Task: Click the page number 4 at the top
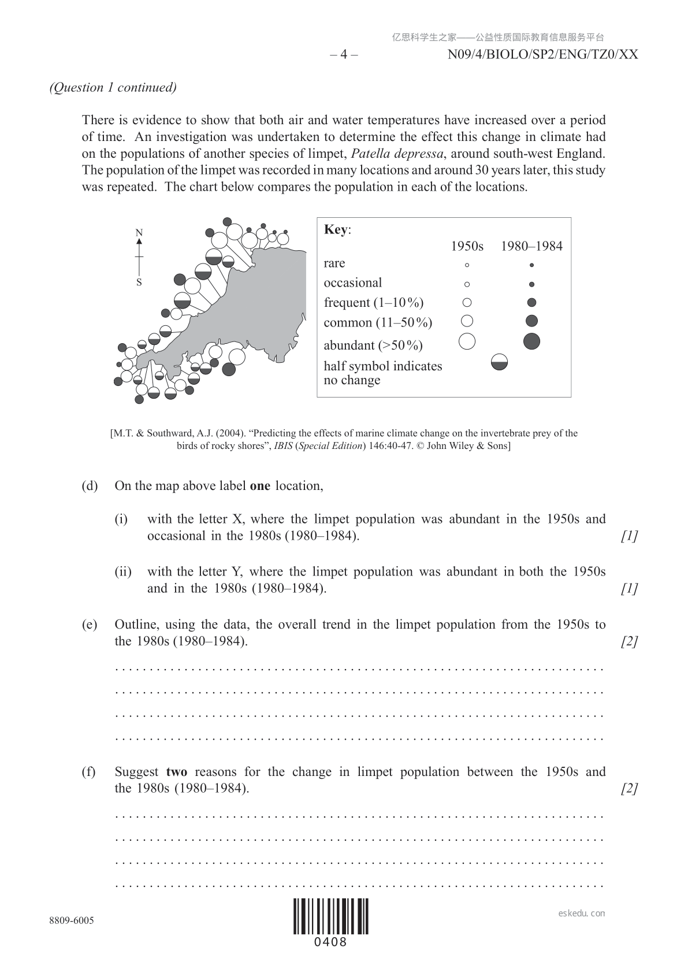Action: pyautogui.click(x=344, y=55)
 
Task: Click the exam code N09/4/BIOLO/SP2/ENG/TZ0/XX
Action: pyautogui.click(x=542, y=55)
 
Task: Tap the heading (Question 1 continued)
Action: pyautogui.click(x=113, y=87)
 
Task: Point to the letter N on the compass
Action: pyautogui.click(x=139, y=233)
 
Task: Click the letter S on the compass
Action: pyautogui.click(x=139, y=283)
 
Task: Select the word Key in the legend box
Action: pyautogui.click(x=336, y=229)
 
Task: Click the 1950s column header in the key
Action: pyautogui.click(x=467, y=247)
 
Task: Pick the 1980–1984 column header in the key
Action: pyautogui.click(x=531, y=247)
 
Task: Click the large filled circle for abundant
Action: pyautogui.click(x=531, y=341)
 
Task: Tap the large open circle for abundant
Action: pyautogui.click(x=467, y=341)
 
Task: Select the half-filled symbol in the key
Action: pyautogui.click(x=499, y=362)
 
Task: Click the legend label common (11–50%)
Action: pyautogui.click(x=378, y=322)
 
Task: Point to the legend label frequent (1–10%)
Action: pyautogui.click(x=373, y=303)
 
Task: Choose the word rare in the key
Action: pyautogui.click(x=334, y=263)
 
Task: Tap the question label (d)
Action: pyautogui.click(x=90, y=486)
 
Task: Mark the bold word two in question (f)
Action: pyautogui.click(x=176, y=772)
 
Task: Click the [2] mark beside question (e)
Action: pyautogui.click(x=629, y=641)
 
